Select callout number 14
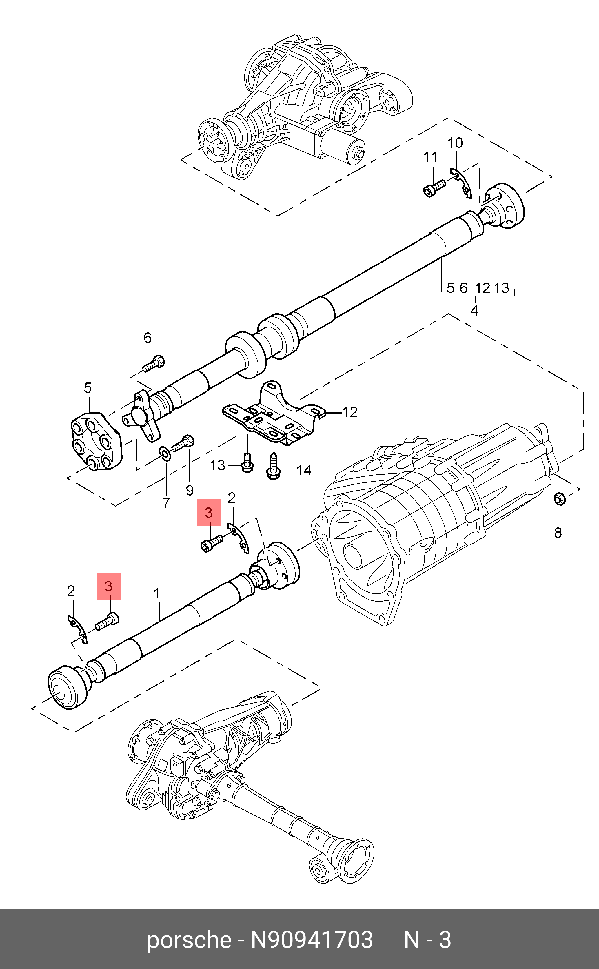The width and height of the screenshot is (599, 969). tap(304, 470)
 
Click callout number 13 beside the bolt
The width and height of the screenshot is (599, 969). tap(218, 465)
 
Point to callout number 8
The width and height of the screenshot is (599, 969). tap(558, 533)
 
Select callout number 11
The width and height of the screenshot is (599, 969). tap(430, 157)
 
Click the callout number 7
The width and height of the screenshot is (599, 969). tap(166, 503)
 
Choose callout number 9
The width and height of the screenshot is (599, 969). tap(190, 491)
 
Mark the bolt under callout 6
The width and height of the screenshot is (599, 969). tap(154, 364)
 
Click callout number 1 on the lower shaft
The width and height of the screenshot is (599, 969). tap(157, 593)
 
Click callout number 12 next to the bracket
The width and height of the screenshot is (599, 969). tap(349, 412)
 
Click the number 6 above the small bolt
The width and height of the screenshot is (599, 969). tap(148, 338)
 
